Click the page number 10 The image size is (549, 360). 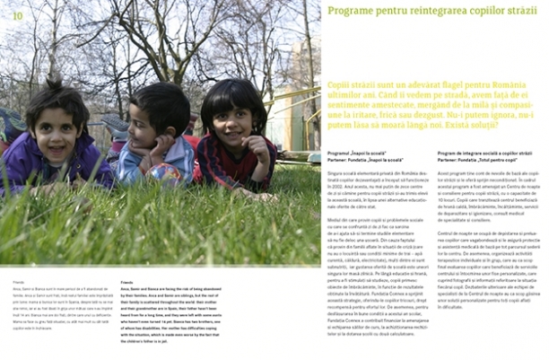[18, 15]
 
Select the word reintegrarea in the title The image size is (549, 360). [434, 12]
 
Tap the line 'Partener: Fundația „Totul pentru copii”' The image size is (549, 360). [475, 162]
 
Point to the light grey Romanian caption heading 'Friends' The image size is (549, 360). [19, 282]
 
